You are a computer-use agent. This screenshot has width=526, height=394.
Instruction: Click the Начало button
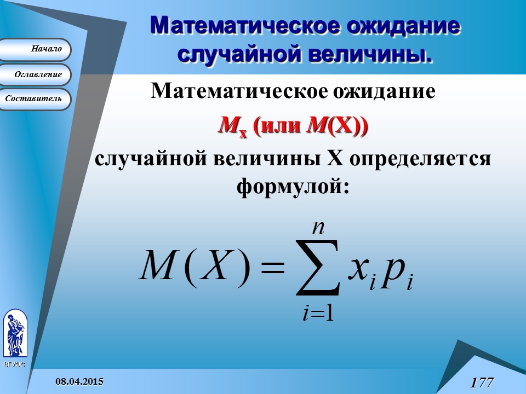point(36,49)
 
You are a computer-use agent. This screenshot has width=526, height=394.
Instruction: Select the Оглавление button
point(36,74)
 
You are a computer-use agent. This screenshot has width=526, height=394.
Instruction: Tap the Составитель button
point(36,99)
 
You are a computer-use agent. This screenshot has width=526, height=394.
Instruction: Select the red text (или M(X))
point(311,127)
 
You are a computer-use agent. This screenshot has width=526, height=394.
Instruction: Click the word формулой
point(293,186)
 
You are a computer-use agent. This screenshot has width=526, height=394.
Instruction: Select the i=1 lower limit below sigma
point(318,314)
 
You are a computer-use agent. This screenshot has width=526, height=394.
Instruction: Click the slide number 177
point(482,382)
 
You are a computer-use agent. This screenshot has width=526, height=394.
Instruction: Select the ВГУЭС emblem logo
point(15,335)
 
